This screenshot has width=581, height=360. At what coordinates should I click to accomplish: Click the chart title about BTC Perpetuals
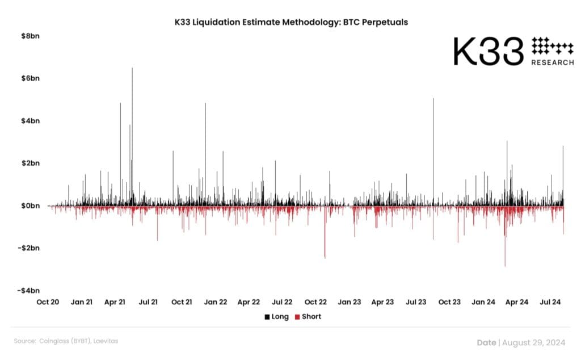(291, 22)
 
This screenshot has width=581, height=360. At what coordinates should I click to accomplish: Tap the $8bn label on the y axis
(31, 36)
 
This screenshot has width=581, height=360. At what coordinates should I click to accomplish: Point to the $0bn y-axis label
(31, 206)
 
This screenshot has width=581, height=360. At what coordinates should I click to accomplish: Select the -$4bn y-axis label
(28, 291)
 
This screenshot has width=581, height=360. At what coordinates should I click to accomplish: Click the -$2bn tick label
(28, 248)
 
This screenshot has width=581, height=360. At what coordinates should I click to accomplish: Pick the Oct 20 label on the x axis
(48, 302)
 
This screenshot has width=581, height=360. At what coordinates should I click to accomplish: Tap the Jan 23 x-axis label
(350, 302)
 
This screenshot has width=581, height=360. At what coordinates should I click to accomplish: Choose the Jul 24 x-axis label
(550, 302)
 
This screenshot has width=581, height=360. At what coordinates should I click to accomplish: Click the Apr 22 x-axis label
(249, 302)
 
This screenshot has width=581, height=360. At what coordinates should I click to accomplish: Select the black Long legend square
(267, 317)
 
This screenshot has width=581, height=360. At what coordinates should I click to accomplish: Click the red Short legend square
(297, 317)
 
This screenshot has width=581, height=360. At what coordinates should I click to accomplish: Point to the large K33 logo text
(489, 52)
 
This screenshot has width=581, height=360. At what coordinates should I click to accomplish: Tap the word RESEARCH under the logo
(553, 62)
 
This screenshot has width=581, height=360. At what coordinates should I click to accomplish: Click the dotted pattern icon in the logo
(553, 45)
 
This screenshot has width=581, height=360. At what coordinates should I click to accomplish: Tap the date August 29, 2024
(534, 342)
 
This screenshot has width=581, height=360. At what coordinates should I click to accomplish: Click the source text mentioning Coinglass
(66, 341)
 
